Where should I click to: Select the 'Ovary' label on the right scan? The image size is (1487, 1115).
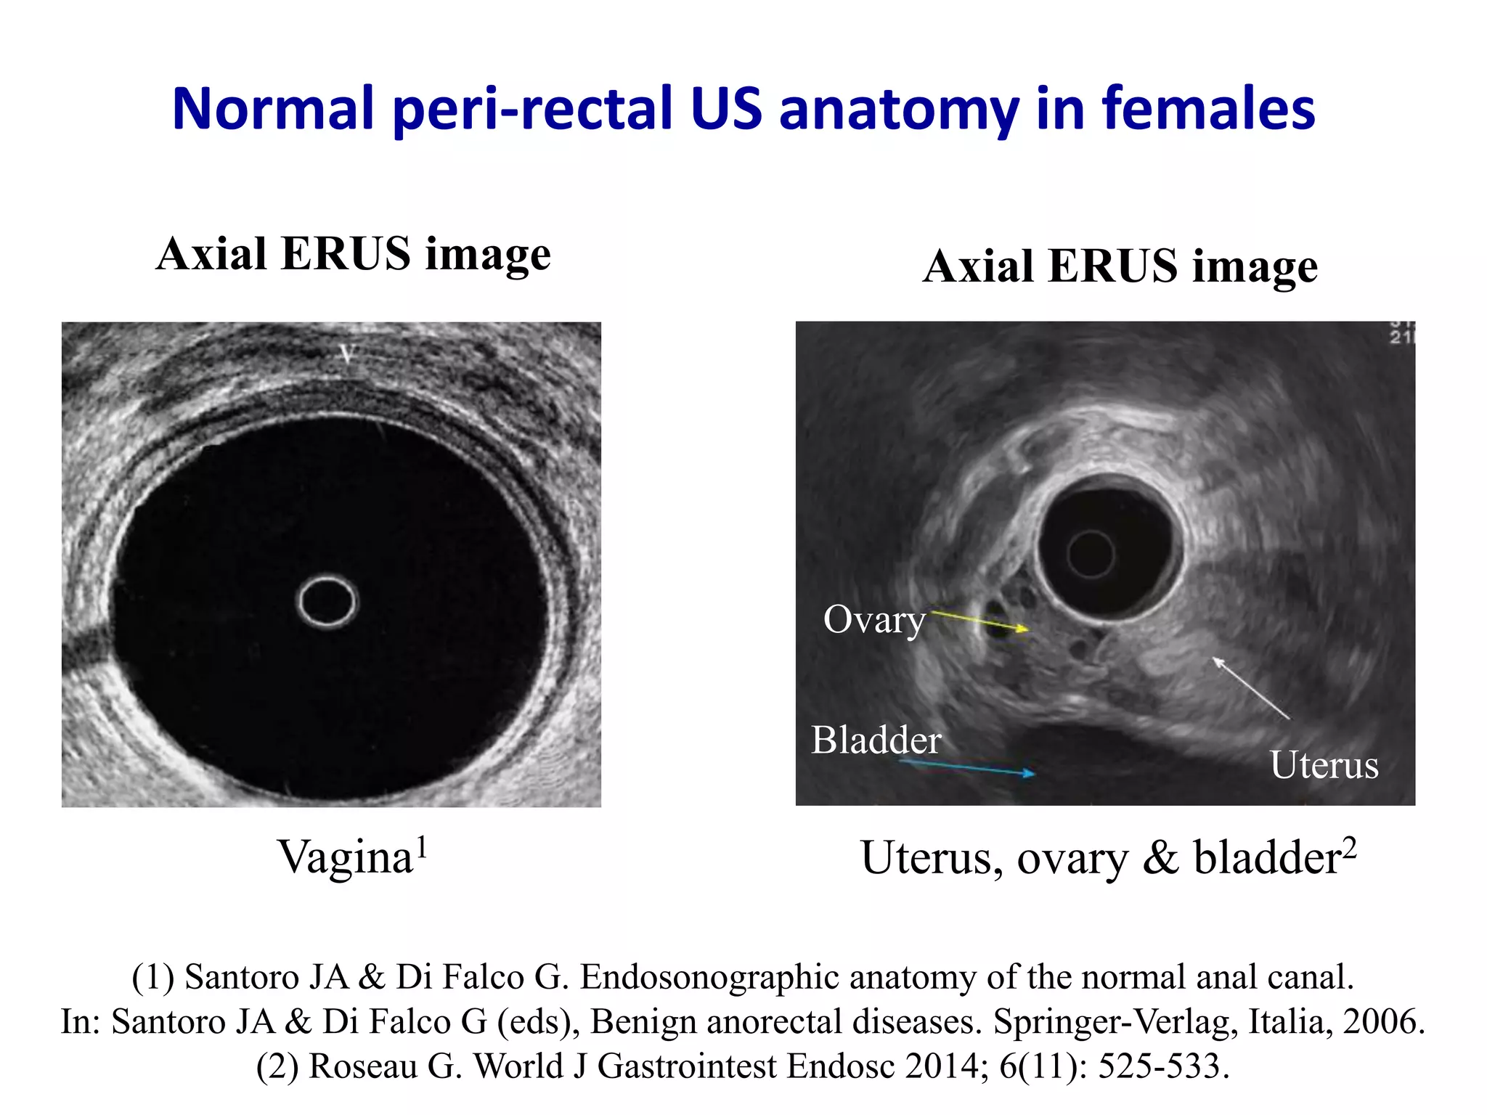(x=874, y=620)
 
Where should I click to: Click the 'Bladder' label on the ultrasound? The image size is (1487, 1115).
(x=876, y=740)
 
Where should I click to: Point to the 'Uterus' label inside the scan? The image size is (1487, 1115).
(x=1324, y=765)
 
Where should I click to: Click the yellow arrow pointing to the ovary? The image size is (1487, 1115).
(x=980, y=622)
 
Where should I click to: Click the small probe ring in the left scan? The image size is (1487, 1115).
(x=327, y=601)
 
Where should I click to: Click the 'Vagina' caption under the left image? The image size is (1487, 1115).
(x=346, y=857)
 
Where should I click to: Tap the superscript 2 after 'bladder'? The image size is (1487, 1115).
(x=1349, y=846)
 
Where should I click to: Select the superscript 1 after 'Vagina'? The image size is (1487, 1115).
(x=422, y=846)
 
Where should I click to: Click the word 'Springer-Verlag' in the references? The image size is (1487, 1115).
(x=1115, y=1021)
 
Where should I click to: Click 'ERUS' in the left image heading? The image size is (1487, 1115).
(x=346, y=253)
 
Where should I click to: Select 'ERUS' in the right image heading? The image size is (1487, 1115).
(x=1112, y=266)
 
